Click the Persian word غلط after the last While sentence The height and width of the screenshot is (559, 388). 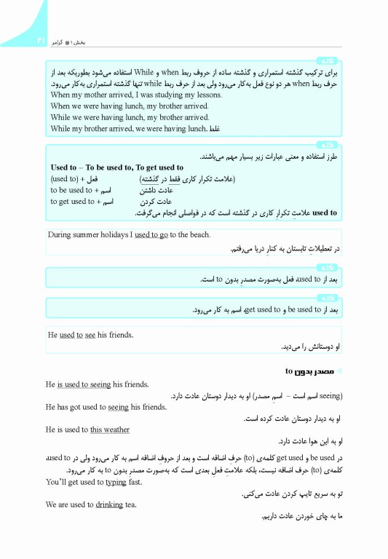coord(213,129)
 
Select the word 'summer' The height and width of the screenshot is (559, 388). coord(91,234)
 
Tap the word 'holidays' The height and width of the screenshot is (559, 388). coord(124,234)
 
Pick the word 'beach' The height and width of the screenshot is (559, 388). coord(199,234)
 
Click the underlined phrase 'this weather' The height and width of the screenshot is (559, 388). coord(110,429)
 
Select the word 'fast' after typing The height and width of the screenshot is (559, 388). coord(135,482)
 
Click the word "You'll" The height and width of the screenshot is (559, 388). coord(56,482)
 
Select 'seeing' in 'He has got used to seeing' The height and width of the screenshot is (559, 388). coord(118,407)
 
